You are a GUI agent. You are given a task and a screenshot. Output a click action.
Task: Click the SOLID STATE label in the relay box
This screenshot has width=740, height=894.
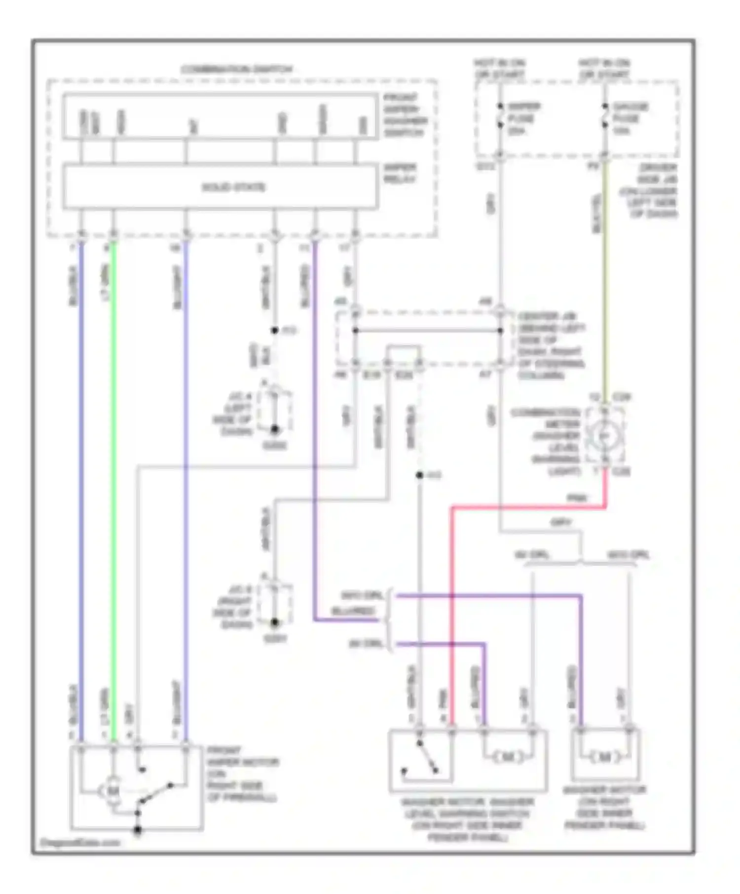233,187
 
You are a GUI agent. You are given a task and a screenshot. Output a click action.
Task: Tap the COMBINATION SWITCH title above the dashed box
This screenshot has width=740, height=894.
237,69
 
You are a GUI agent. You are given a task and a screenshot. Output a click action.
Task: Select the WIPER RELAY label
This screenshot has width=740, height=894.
400,173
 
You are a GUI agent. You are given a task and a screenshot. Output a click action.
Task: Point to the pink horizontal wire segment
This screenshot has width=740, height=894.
528,507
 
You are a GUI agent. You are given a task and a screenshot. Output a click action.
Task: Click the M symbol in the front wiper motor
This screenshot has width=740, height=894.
113,791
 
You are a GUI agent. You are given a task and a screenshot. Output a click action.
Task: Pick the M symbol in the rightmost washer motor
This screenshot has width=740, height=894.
605,757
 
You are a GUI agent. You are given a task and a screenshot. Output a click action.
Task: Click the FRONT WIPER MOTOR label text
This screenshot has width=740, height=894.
242,774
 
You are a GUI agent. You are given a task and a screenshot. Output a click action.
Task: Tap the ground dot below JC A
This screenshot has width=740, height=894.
275,430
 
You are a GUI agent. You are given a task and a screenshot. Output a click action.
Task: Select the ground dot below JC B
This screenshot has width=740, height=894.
275,622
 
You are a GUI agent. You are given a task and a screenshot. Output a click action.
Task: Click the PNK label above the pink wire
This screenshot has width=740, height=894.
576,498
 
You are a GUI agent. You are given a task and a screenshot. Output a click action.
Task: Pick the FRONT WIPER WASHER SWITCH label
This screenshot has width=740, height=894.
405,115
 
